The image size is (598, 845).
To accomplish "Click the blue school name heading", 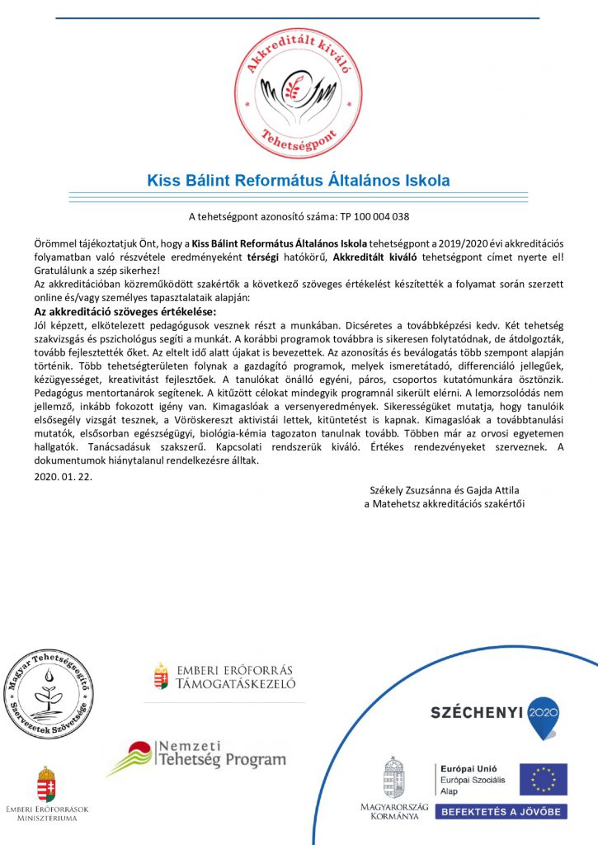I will pyautogui.click(x=299, y=180).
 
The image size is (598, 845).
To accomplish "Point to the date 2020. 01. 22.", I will pyautogui.click(x=64, y=476).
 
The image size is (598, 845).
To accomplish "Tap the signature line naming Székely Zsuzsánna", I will pyautogui.click(x=444, y=491).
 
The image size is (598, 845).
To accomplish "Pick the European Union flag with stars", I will pyautogui.click(x=542, y=779).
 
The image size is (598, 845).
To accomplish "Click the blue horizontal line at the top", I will pyautogui.click(x=299, y=18).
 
